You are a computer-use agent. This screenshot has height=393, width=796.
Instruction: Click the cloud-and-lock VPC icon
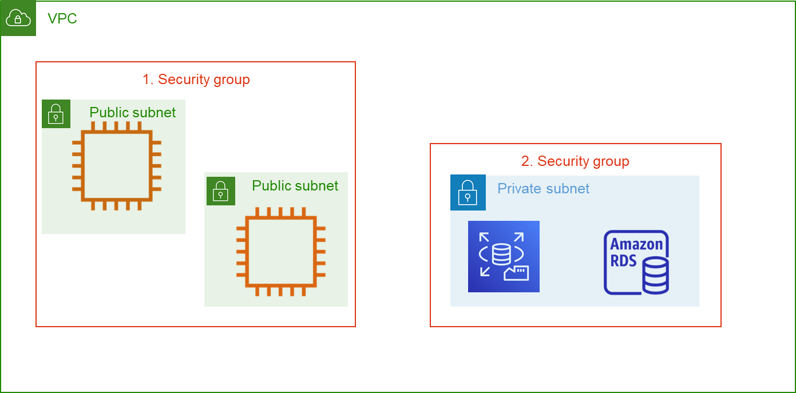(18, 18)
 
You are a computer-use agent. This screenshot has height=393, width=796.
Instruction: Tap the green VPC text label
(62, 19)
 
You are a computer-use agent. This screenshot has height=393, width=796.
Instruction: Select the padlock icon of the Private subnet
(468, 193)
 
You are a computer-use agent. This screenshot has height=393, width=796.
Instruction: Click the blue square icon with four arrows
(504, 256)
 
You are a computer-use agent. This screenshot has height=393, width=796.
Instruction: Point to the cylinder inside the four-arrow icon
(501, 254)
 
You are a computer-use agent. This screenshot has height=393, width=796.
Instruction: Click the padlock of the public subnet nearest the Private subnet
(220, 191)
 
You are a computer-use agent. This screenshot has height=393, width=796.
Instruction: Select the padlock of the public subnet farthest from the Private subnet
(56, 114)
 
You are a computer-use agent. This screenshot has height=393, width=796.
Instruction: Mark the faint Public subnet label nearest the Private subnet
(295, 186)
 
